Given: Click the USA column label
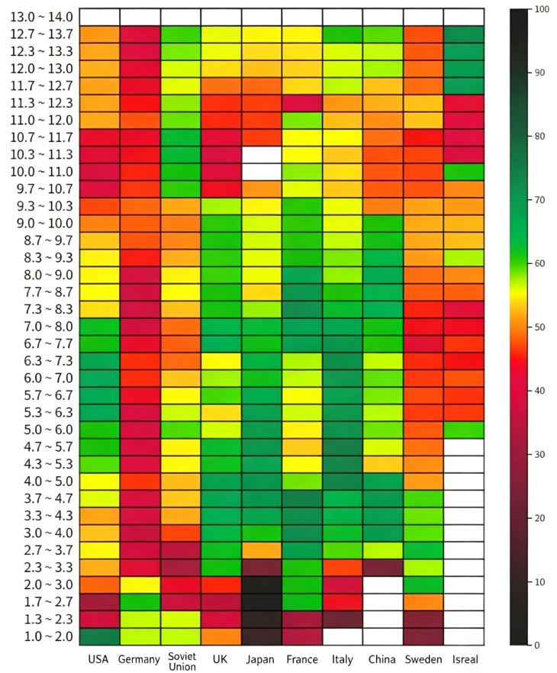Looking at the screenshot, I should coord(99,659).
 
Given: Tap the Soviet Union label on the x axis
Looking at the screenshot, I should coord(182,662).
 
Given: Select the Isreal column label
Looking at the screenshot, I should coord(465,659).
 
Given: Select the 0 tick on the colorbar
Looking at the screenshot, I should coord(539,646).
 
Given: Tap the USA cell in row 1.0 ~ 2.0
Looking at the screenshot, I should coord(99,636).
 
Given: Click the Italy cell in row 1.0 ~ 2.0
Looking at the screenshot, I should coord(343,636).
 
